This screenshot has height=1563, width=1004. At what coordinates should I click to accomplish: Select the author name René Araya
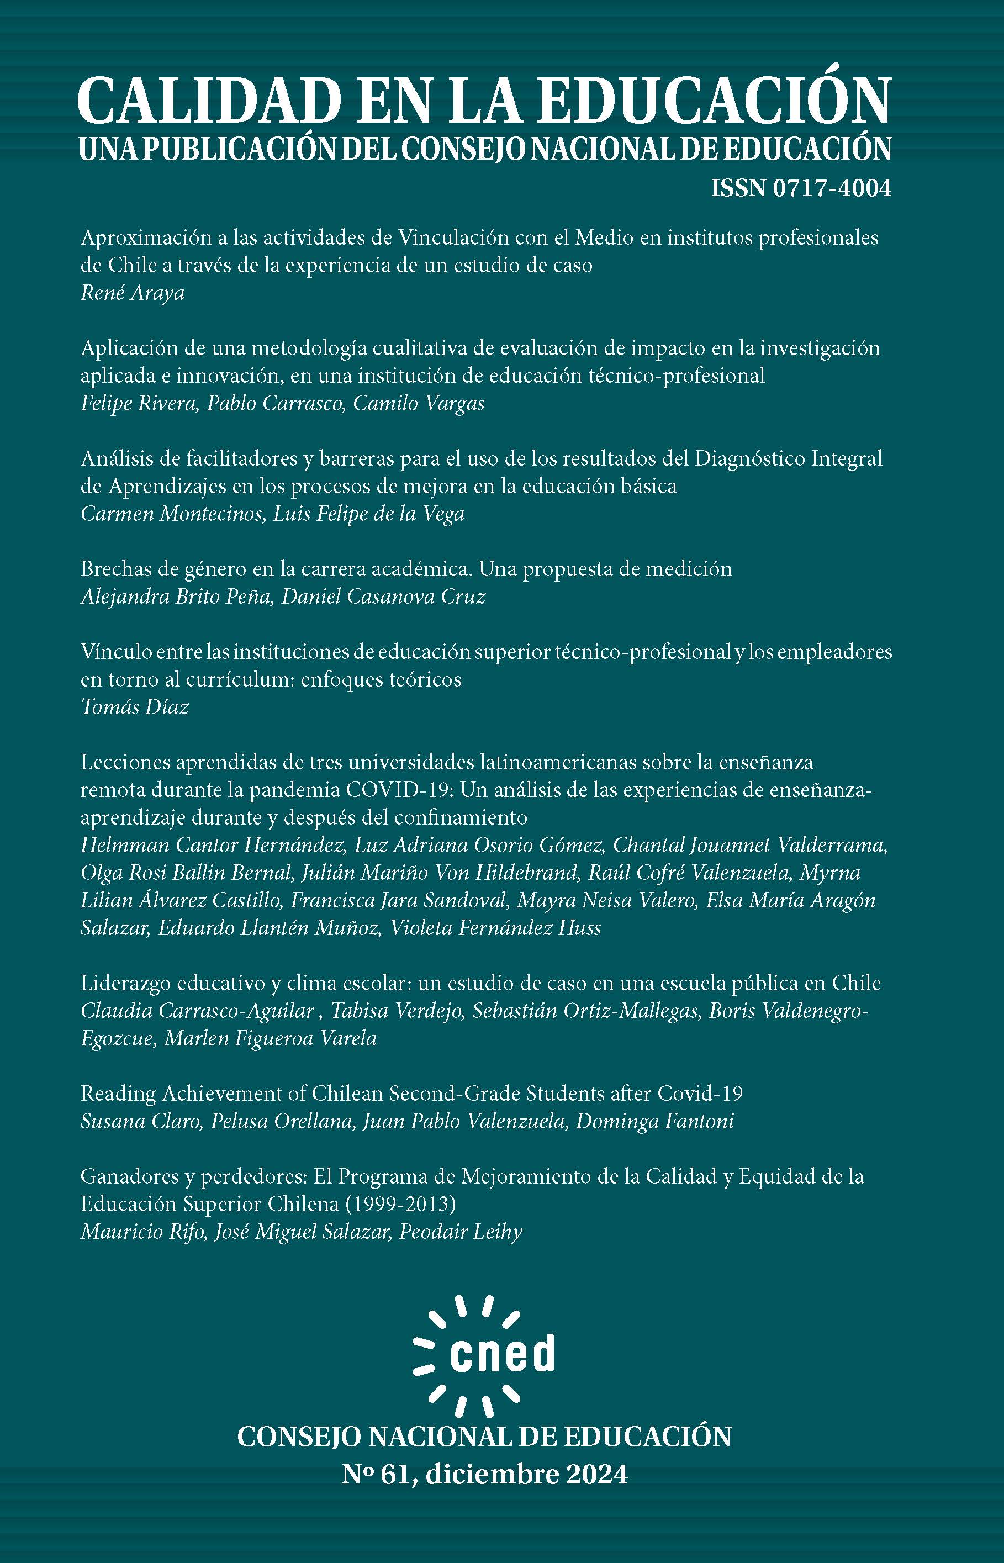(133, 293)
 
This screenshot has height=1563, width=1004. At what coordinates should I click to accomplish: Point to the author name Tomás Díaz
(135, 707)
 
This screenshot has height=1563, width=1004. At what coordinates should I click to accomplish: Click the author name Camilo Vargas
(419, 404)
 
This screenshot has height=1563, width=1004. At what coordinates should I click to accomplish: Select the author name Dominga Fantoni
(655, 1121)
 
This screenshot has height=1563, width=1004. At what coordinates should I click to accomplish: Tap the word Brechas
(113, 569)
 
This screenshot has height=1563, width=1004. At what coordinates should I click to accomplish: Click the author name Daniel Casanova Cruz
(383, 597)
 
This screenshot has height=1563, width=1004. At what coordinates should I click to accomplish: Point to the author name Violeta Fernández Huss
(495, 928)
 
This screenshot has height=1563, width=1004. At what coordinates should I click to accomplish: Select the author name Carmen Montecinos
(169, 514)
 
